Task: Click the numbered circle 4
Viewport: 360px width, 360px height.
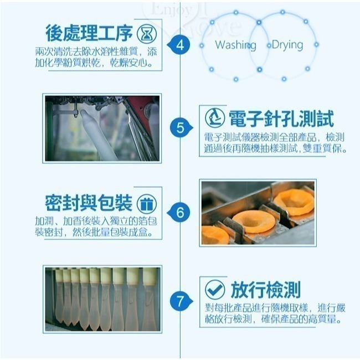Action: pos(179,45)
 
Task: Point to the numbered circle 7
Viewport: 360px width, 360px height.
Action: pos(179,302)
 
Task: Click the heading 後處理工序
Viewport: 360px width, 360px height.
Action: pos(90,33)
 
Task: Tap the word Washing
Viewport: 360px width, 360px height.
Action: pos(235,45)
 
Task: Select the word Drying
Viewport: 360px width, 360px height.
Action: pos(287,45)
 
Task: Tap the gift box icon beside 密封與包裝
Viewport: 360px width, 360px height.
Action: pos(146,203)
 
